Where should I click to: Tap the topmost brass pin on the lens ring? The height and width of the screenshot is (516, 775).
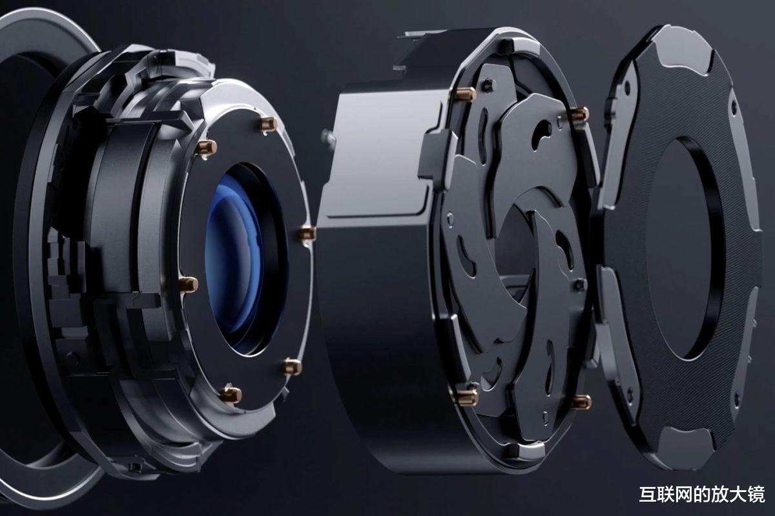coord(269,123)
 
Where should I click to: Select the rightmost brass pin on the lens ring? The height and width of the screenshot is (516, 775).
coord(307,233)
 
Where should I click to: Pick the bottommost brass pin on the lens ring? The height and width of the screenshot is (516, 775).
coord(231,395)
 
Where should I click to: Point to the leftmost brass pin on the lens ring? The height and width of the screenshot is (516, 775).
coord(189,285)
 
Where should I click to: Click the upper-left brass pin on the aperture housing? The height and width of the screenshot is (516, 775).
coord(466,94)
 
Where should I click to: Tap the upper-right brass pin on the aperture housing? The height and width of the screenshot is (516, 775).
coord(579,114)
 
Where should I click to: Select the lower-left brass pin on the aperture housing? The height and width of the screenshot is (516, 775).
coord(468,397)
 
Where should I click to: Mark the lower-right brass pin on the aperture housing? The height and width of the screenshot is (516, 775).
coord(581,402)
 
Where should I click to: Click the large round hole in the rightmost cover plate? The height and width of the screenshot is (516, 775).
coord(681,249)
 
